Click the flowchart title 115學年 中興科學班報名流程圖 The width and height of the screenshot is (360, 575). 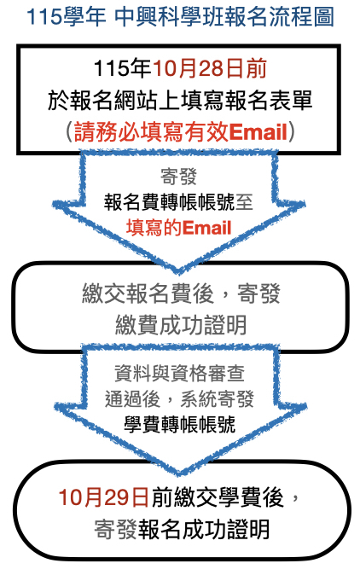click(x=180, y=17)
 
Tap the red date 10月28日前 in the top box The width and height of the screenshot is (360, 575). click(x=209, y=68)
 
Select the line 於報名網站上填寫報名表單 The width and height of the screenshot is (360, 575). click(x=180, y=100)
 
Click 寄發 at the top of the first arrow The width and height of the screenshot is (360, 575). click(x=178, y=177)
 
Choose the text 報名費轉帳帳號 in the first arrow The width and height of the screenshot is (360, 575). click(x=169, y=202)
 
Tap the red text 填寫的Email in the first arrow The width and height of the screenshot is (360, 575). click(x=178, y=228)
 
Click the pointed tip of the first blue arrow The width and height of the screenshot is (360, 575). click(x=178, y=273)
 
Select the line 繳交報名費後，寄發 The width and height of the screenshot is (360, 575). click(x=181, y=293)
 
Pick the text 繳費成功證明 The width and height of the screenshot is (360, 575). click(x=181, y=325)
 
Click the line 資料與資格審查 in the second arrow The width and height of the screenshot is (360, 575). click(x=179, y=374)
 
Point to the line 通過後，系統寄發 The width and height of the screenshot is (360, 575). click(x=179, y=399)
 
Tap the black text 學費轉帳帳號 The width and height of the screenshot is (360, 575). click(x=180, y=425)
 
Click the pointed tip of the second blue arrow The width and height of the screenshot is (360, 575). click(x=179, y=473)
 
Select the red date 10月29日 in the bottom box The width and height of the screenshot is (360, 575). click(x=104, y=497)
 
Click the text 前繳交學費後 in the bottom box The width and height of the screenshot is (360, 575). click(x=218, y=497)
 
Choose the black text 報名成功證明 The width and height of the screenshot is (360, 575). click(x=204, y=529)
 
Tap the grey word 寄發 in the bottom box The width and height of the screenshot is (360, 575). click(x=116, y=529)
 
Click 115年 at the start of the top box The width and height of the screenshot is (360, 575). click(x=123, y=68)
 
